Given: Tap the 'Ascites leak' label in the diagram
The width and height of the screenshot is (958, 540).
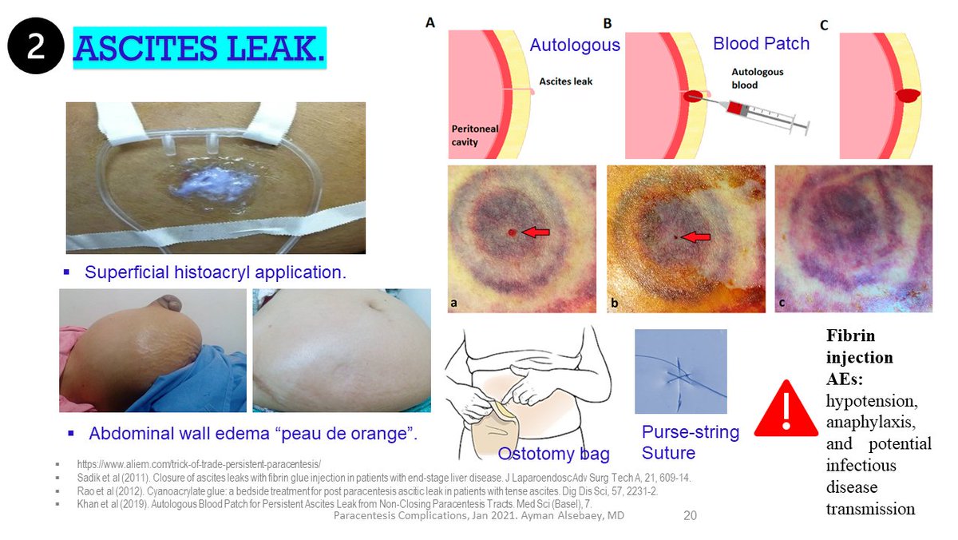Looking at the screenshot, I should [565, 81].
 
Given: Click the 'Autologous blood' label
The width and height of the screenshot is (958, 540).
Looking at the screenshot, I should [757, 77].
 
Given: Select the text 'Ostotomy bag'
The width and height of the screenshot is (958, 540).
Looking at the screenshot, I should [553, 454].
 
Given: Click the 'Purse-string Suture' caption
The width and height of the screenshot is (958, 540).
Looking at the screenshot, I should [691, 443].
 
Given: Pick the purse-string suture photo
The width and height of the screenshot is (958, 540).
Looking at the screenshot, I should [680, 371].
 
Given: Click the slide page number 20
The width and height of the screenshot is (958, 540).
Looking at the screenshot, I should [691, 516].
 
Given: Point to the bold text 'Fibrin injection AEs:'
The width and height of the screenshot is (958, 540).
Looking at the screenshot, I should [859, 359].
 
